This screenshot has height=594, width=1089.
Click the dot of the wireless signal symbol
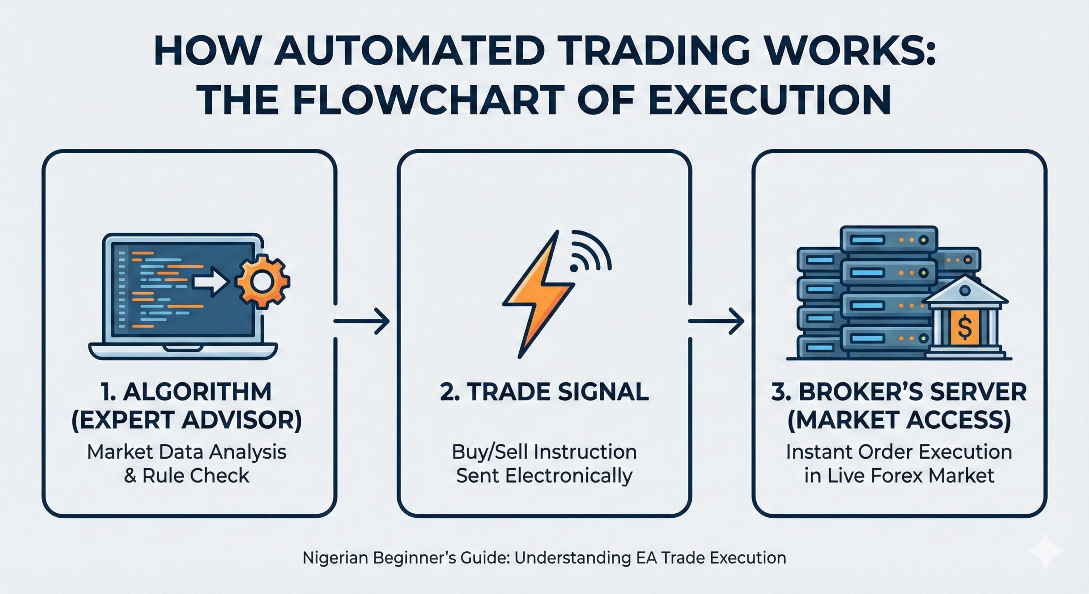click(574, 268)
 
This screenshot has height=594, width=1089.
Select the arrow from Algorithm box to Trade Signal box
click(362, 321)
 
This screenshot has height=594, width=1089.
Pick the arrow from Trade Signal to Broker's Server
click(716, 321)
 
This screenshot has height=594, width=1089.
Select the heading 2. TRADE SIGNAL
click(544, 392)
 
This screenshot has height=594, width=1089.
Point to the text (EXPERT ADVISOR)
click(187, 420)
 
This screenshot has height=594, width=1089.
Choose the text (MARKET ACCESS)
click(899, 420)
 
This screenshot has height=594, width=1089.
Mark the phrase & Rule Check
click(187, 476)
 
